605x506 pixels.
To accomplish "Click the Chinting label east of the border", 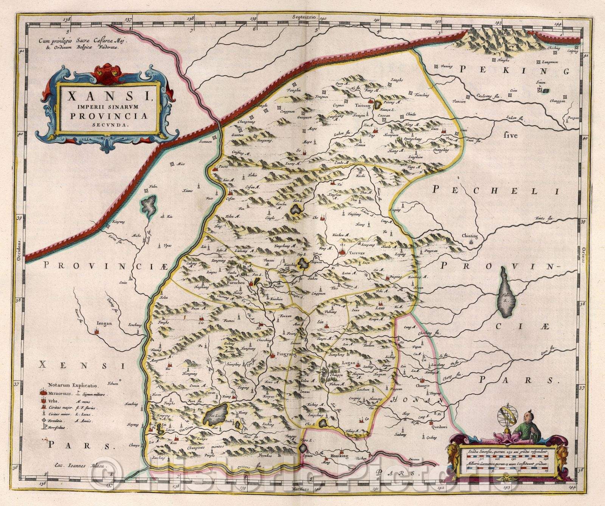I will [470, 236].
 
